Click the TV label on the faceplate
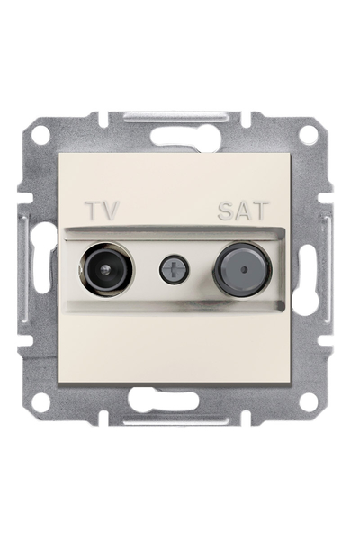[x=103, y=210]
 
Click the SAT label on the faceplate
[x=243, y=210]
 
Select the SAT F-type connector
[x=243, y=268]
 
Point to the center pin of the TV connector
[x=104, y=269]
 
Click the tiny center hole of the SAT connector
[x=244, y=268]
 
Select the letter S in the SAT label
[x=226, y=210]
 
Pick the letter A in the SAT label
[x=243, y=210]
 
